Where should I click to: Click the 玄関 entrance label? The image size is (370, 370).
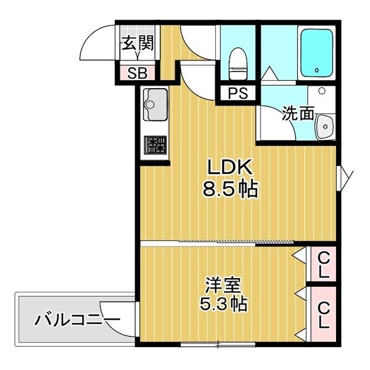click(x=137, y=44)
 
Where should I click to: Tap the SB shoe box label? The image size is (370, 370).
click(x=137, y=73)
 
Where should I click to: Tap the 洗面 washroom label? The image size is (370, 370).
click(x=298, y=113)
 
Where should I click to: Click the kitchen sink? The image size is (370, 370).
click(x=154, y=104)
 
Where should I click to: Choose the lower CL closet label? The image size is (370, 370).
click(x=323, y=314)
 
